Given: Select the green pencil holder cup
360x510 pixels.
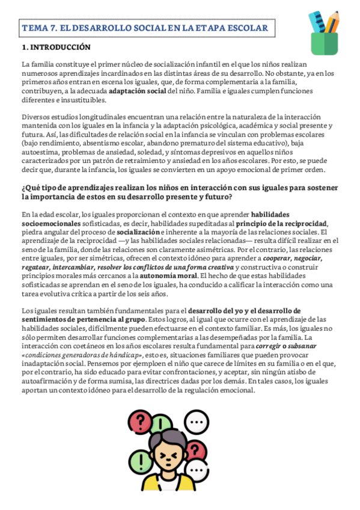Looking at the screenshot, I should coord(323,42).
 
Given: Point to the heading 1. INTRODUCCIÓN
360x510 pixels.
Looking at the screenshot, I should coord(56,47).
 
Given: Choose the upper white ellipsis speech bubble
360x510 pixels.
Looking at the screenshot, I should coord(196,422).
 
